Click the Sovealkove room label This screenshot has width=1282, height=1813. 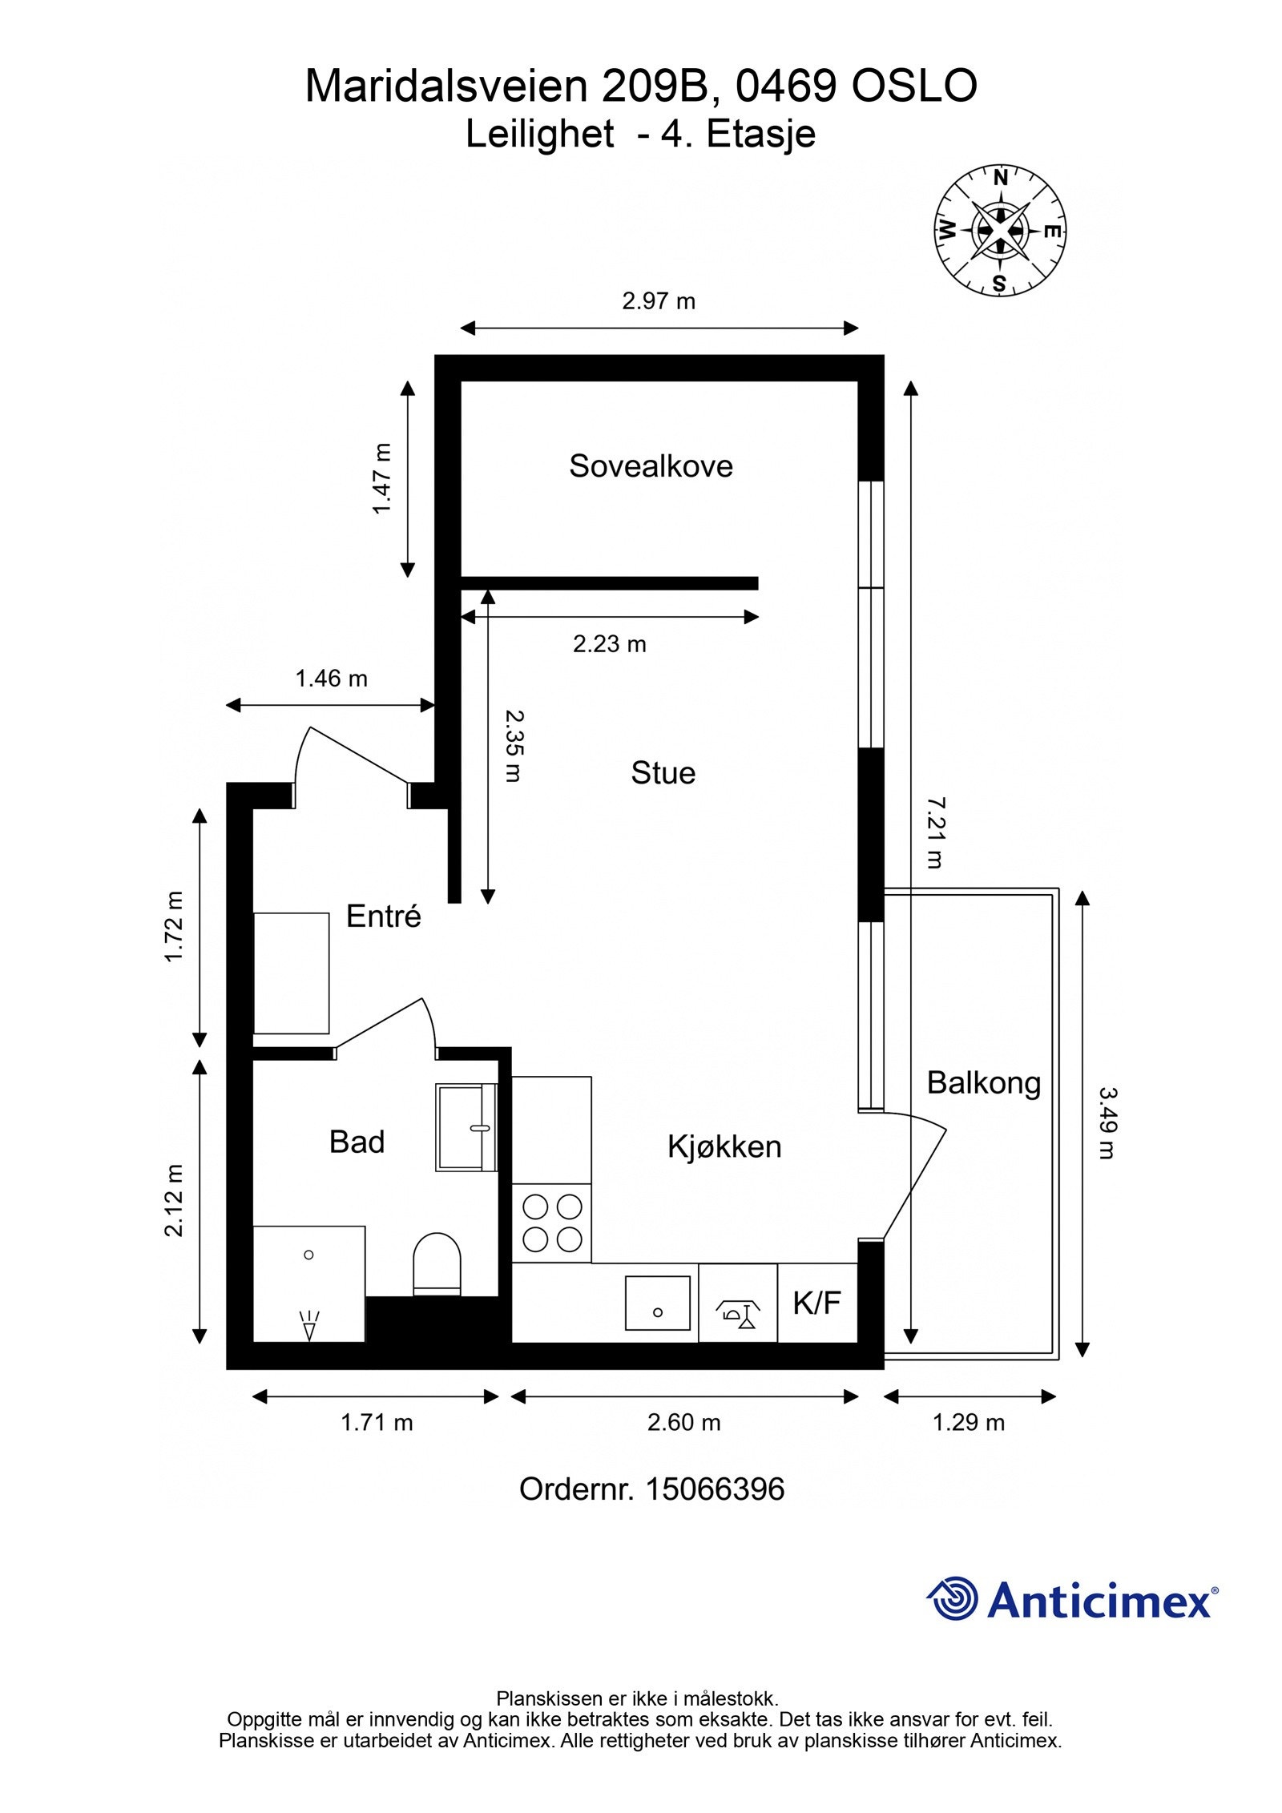coord(651,466)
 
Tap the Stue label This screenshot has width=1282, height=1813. coord(663,773)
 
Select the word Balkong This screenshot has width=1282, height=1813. coord(983,1084)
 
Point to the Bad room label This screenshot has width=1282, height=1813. coord(357,1142)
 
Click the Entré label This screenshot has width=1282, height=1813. coord(383,916)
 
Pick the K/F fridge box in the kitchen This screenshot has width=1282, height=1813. coord(817,1303)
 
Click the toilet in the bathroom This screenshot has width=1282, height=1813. coord(437,1263)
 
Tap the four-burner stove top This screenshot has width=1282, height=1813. coord(551,1223)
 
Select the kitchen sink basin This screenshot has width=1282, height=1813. coord(657,1303)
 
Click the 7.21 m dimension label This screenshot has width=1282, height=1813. coord(935,832)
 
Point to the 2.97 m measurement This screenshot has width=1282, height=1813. coord(659,301)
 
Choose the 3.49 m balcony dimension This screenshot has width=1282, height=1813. coord(1107,1122)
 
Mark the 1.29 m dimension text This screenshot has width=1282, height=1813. coord(968,1423)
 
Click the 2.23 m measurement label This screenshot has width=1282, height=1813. coord(609,644)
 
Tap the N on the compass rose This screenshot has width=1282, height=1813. coord(1000,179)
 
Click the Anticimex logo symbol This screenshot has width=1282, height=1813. coord(953,1599)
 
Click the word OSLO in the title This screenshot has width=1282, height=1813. coord(914,87)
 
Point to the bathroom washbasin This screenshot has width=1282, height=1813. coord(466,1128)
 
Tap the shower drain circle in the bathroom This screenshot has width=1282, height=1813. coord(308,1255)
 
